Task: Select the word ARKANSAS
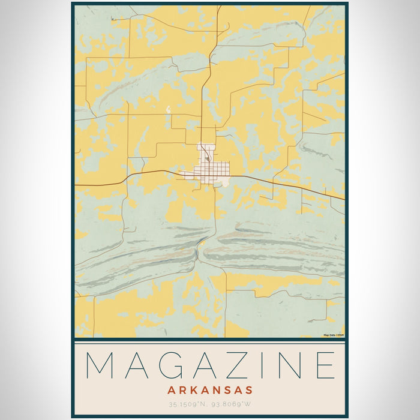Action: click(x=210, y=390)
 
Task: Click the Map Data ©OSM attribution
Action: click(x=334, y=335)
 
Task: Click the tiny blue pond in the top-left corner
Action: click(x=112, y=19)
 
